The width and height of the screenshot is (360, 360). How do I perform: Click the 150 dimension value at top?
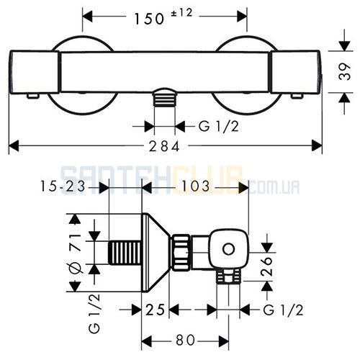click(x=149, y=19)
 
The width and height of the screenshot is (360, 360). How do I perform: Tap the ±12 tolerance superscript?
click(x=181, y=13)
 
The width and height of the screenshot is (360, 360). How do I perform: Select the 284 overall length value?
click(x=164, y=146)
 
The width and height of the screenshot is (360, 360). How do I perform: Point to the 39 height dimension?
click(x=345, y=71)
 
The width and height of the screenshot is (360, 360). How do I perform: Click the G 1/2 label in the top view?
click(x=219, y=126)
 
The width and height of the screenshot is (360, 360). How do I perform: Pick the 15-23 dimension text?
click(x=63, y=186)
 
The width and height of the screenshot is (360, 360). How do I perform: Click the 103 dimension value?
click(x=196, y=186)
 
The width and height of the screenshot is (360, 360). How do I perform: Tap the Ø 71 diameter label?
click(x=76, y=254)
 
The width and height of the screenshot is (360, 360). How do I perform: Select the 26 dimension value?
click(x=267, y=266)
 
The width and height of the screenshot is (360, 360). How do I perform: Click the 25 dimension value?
click(x=156, y=310)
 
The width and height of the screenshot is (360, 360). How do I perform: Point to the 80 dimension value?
click(x=185, y=340)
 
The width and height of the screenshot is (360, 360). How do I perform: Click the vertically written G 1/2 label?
click(x=94, y=313)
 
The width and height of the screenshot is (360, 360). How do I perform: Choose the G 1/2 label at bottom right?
click(x=283, y=310)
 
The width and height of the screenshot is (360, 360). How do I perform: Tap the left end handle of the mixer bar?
click(x=35, y=72)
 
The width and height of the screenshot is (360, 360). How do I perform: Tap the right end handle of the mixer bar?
click(x=295, y=72)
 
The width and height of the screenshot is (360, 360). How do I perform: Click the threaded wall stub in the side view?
click(x=125, y=253)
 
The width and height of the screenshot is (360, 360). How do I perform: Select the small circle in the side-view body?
click(x=228, y=249)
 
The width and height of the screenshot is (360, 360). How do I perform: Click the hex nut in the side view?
click(x=181, y=252)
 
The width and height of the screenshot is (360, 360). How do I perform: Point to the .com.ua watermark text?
click(x=274, y=187)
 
